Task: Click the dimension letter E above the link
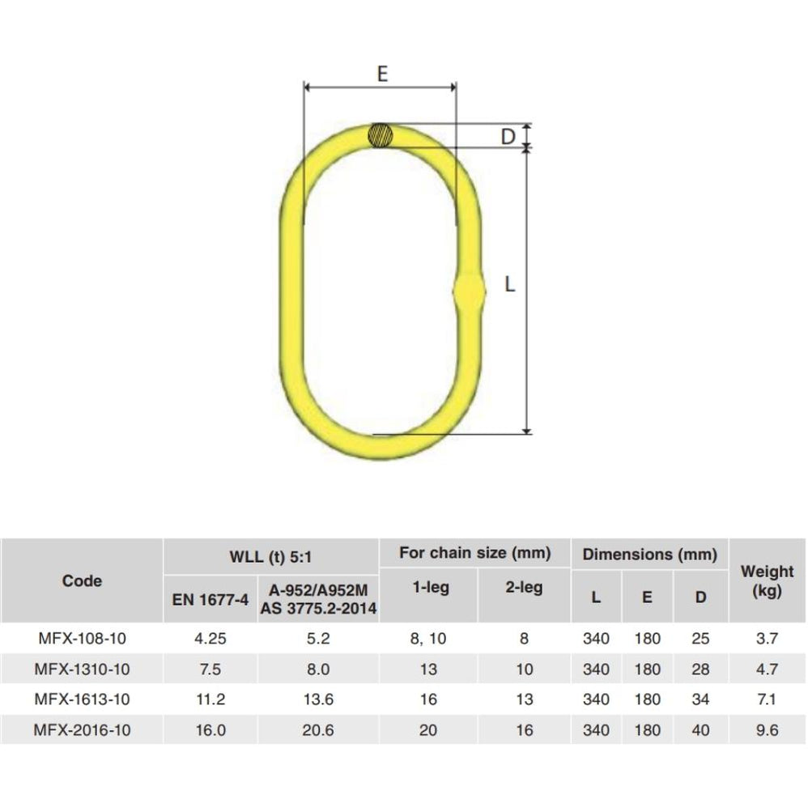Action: click(x=382, y=74)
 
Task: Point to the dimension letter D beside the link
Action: click(x=508, y=137)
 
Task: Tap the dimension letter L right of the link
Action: click(x=509, y=284)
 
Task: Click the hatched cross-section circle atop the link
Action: click(x=381, y=135)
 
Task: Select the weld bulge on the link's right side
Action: click(x=469, y=291)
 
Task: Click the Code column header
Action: click(x=82, y=580)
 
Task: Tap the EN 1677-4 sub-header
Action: click(x=211, y=599)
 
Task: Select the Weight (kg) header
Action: click(x=767, y=580)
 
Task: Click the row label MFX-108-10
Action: click(x=82, y=639)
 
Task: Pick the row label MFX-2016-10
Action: click(x=82, y=729)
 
